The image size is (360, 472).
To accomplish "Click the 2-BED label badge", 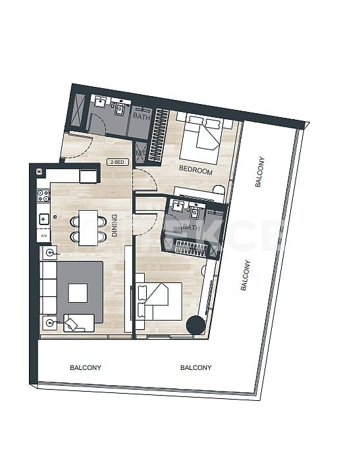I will click(x=117, y=161).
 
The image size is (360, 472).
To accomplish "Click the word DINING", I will click(x=115, y=224).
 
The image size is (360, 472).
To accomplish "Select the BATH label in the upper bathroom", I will click(x=141, y=116).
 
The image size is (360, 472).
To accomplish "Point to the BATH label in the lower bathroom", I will click(x=191, y=228).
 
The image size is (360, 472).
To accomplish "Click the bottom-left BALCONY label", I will click(x=86, y=368).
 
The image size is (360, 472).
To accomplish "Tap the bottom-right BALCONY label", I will click(x=195, y=368).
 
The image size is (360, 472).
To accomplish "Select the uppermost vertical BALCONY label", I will click(x=259, y=172).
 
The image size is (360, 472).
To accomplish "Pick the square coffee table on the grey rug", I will click(x=78, y=292).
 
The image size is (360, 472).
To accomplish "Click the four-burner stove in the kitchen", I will click(x=44, y=196).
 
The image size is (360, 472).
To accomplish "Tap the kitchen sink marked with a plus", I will click(x=43, y=219).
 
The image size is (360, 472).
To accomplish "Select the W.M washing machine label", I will click(x=43, y=235).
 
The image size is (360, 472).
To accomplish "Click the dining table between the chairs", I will click(x=88, y=227).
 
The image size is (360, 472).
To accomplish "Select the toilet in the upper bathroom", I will click(x=119, y=109).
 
